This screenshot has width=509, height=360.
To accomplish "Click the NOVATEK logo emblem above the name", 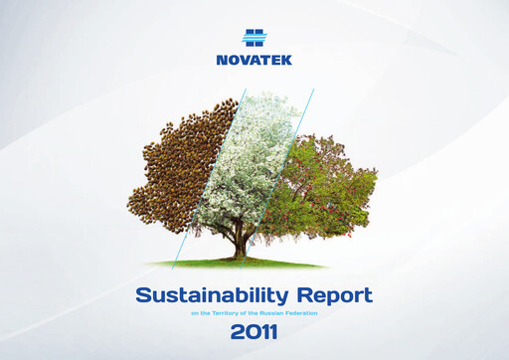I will tap(254, 37).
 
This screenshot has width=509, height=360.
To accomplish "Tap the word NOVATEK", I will tap(254, 61).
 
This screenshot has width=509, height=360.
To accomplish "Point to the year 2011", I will tap(255, 333).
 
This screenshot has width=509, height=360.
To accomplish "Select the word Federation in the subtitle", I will tap(304, 313).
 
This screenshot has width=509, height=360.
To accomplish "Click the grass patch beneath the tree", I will tap(239, 264).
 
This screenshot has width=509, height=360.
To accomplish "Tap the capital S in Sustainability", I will tap(142, 295).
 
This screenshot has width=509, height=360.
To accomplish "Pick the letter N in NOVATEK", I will tap(222, 61).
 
